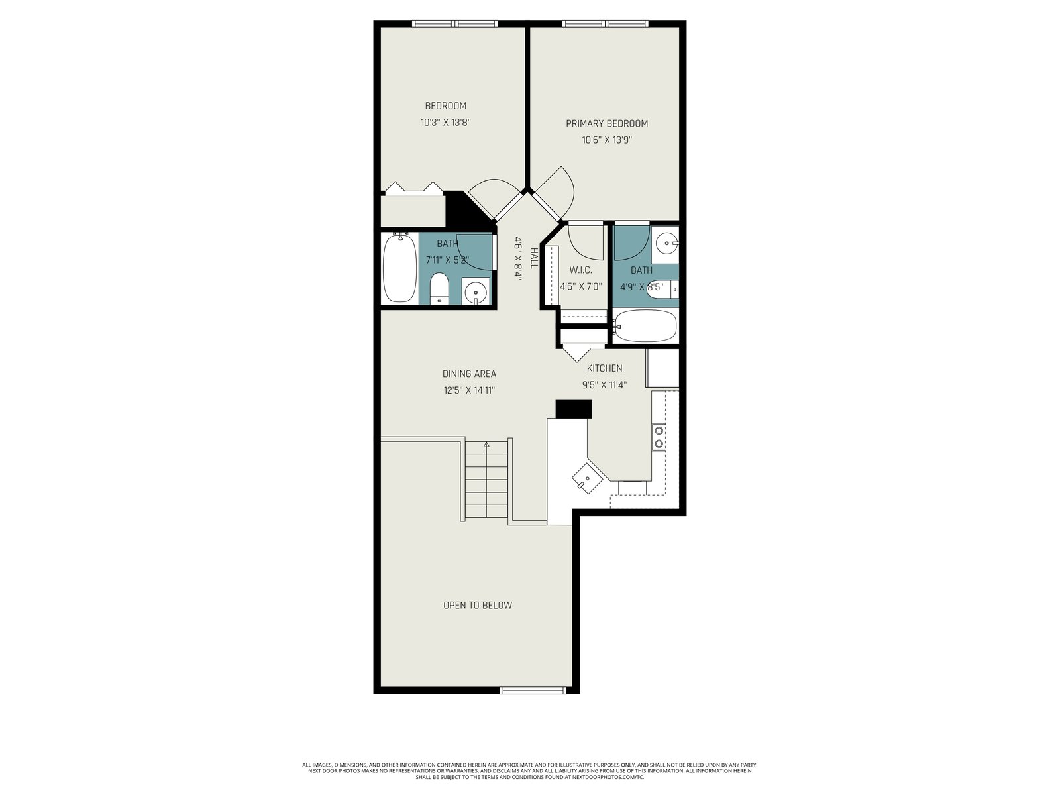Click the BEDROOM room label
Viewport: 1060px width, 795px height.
(x=445, y=106)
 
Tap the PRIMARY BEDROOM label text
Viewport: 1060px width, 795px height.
(x=607, y=123)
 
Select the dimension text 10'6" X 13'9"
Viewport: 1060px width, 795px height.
(x=607, y=140)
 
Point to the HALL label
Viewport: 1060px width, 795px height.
(x=533, y=258)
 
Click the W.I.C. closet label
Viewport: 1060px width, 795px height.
(x=580, y=270)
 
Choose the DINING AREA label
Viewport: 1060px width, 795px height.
(x=469, y=374)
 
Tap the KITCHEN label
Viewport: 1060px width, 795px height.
(x=604, y=368)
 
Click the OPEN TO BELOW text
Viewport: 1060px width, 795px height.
(x=477, y=605)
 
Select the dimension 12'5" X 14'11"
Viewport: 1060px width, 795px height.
(x=469, y=390)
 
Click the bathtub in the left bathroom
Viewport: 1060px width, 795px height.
(x=399, y=268)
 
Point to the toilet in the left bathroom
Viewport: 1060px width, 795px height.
(x=439, y=288)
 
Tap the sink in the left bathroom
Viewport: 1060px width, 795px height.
(x=476, y=291)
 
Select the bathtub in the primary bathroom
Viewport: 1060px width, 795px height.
(x=644, y=325)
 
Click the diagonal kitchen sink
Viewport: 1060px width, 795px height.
(x=587, y=478)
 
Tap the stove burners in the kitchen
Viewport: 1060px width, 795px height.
(x=659, y=437)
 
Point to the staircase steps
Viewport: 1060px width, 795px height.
(x=486, y=479)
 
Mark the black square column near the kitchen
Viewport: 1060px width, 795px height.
(x=574, y=409)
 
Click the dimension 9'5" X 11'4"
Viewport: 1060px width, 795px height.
(x=604, y=385)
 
